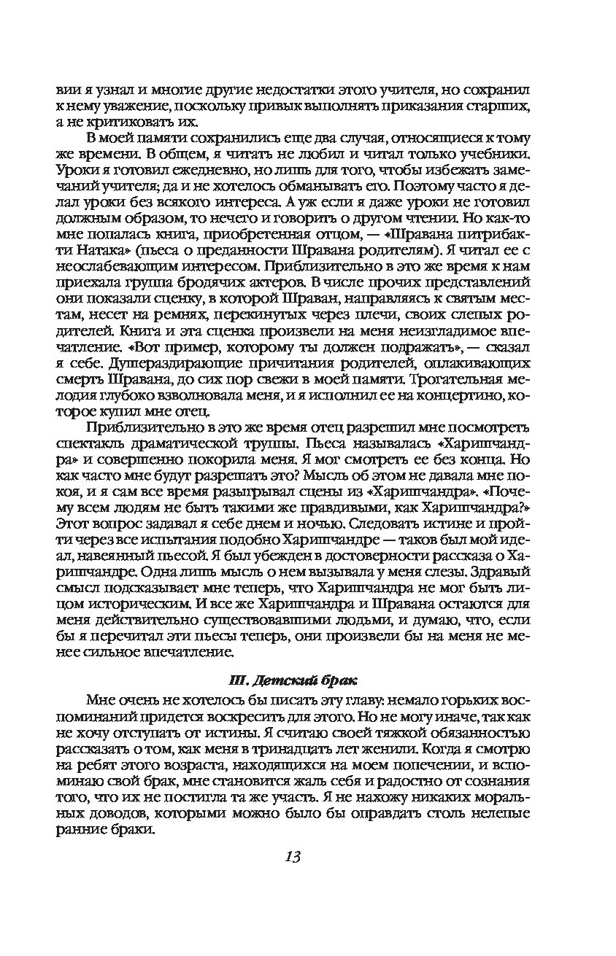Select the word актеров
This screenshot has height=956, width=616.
(267, 282)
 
